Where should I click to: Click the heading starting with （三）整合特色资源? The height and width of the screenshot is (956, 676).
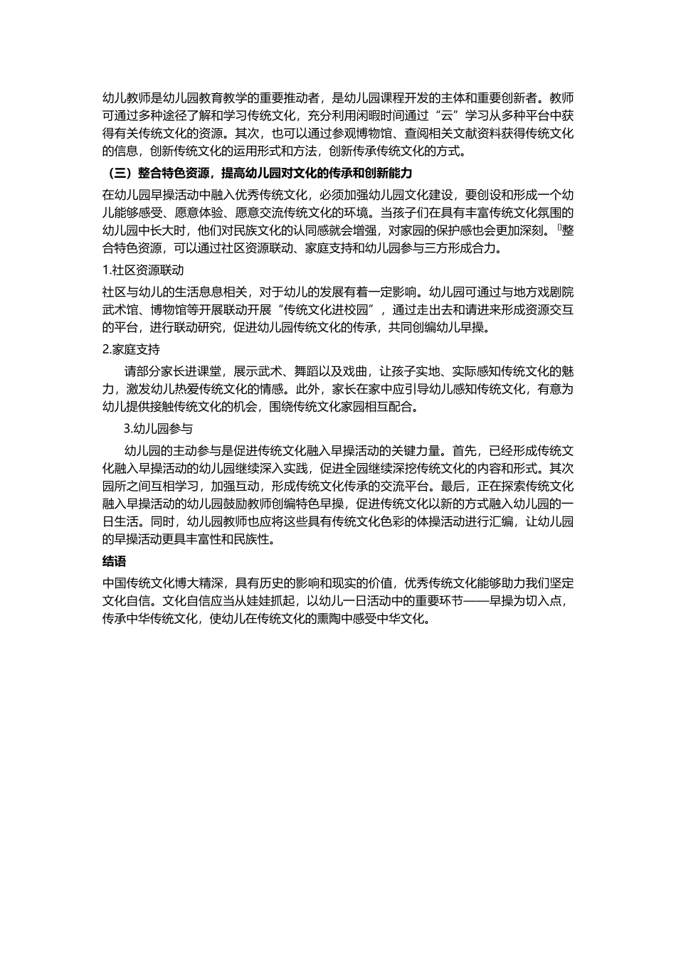pos(257,174)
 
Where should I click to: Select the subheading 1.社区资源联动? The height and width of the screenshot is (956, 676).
pos(143,270)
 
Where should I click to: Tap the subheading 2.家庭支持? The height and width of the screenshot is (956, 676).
pos(131,349)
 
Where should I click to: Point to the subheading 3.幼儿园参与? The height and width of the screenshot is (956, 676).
pos(158,428)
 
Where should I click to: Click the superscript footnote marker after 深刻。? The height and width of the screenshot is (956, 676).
pos(559,228)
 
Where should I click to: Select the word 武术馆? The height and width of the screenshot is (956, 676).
pos(121,309)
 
